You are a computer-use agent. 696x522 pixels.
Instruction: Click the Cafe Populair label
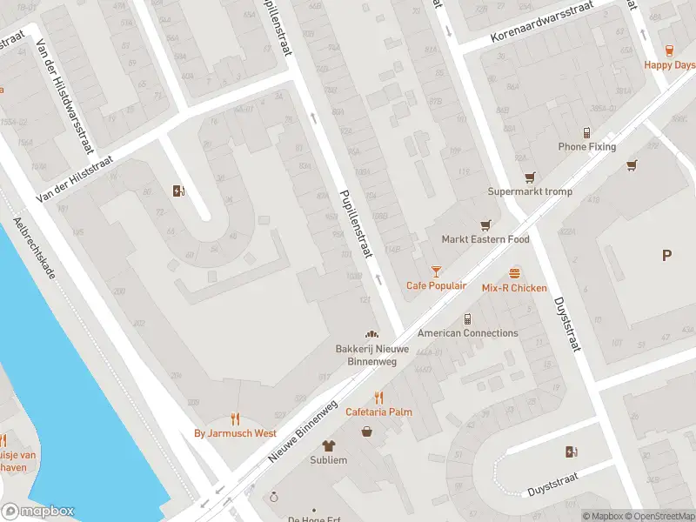point(436,285)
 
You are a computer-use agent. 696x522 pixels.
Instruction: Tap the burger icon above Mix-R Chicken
point(515,273)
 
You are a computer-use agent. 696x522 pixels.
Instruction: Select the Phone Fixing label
point(586,147)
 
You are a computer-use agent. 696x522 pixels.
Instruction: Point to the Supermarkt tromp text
point(527,191)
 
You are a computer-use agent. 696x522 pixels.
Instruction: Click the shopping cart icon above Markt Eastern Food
point(485,224)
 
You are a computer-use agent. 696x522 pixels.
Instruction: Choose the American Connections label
point(467,333)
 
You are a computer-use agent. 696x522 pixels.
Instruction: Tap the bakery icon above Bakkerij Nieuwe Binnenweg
point(371,334)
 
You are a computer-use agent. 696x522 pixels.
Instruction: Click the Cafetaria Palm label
point(378,412)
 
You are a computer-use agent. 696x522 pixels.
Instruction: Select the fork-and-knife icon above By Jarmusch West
point(235,418)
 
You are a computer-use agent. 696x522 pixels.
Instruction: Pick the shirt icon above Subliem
point(329,445)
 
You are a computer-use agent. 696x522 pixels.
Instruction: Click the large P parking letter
point(666,256)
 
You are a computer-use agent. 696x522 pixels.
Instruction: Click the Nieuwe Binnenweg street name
point(303,432)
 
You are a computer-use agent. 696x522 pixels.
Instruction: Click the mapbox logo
point(38,512)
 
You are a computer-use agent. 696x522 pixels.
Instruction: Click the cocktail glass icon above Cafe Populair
point(436,271)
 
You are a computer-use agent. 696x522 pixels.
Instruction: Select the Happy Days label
point(669,65)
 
